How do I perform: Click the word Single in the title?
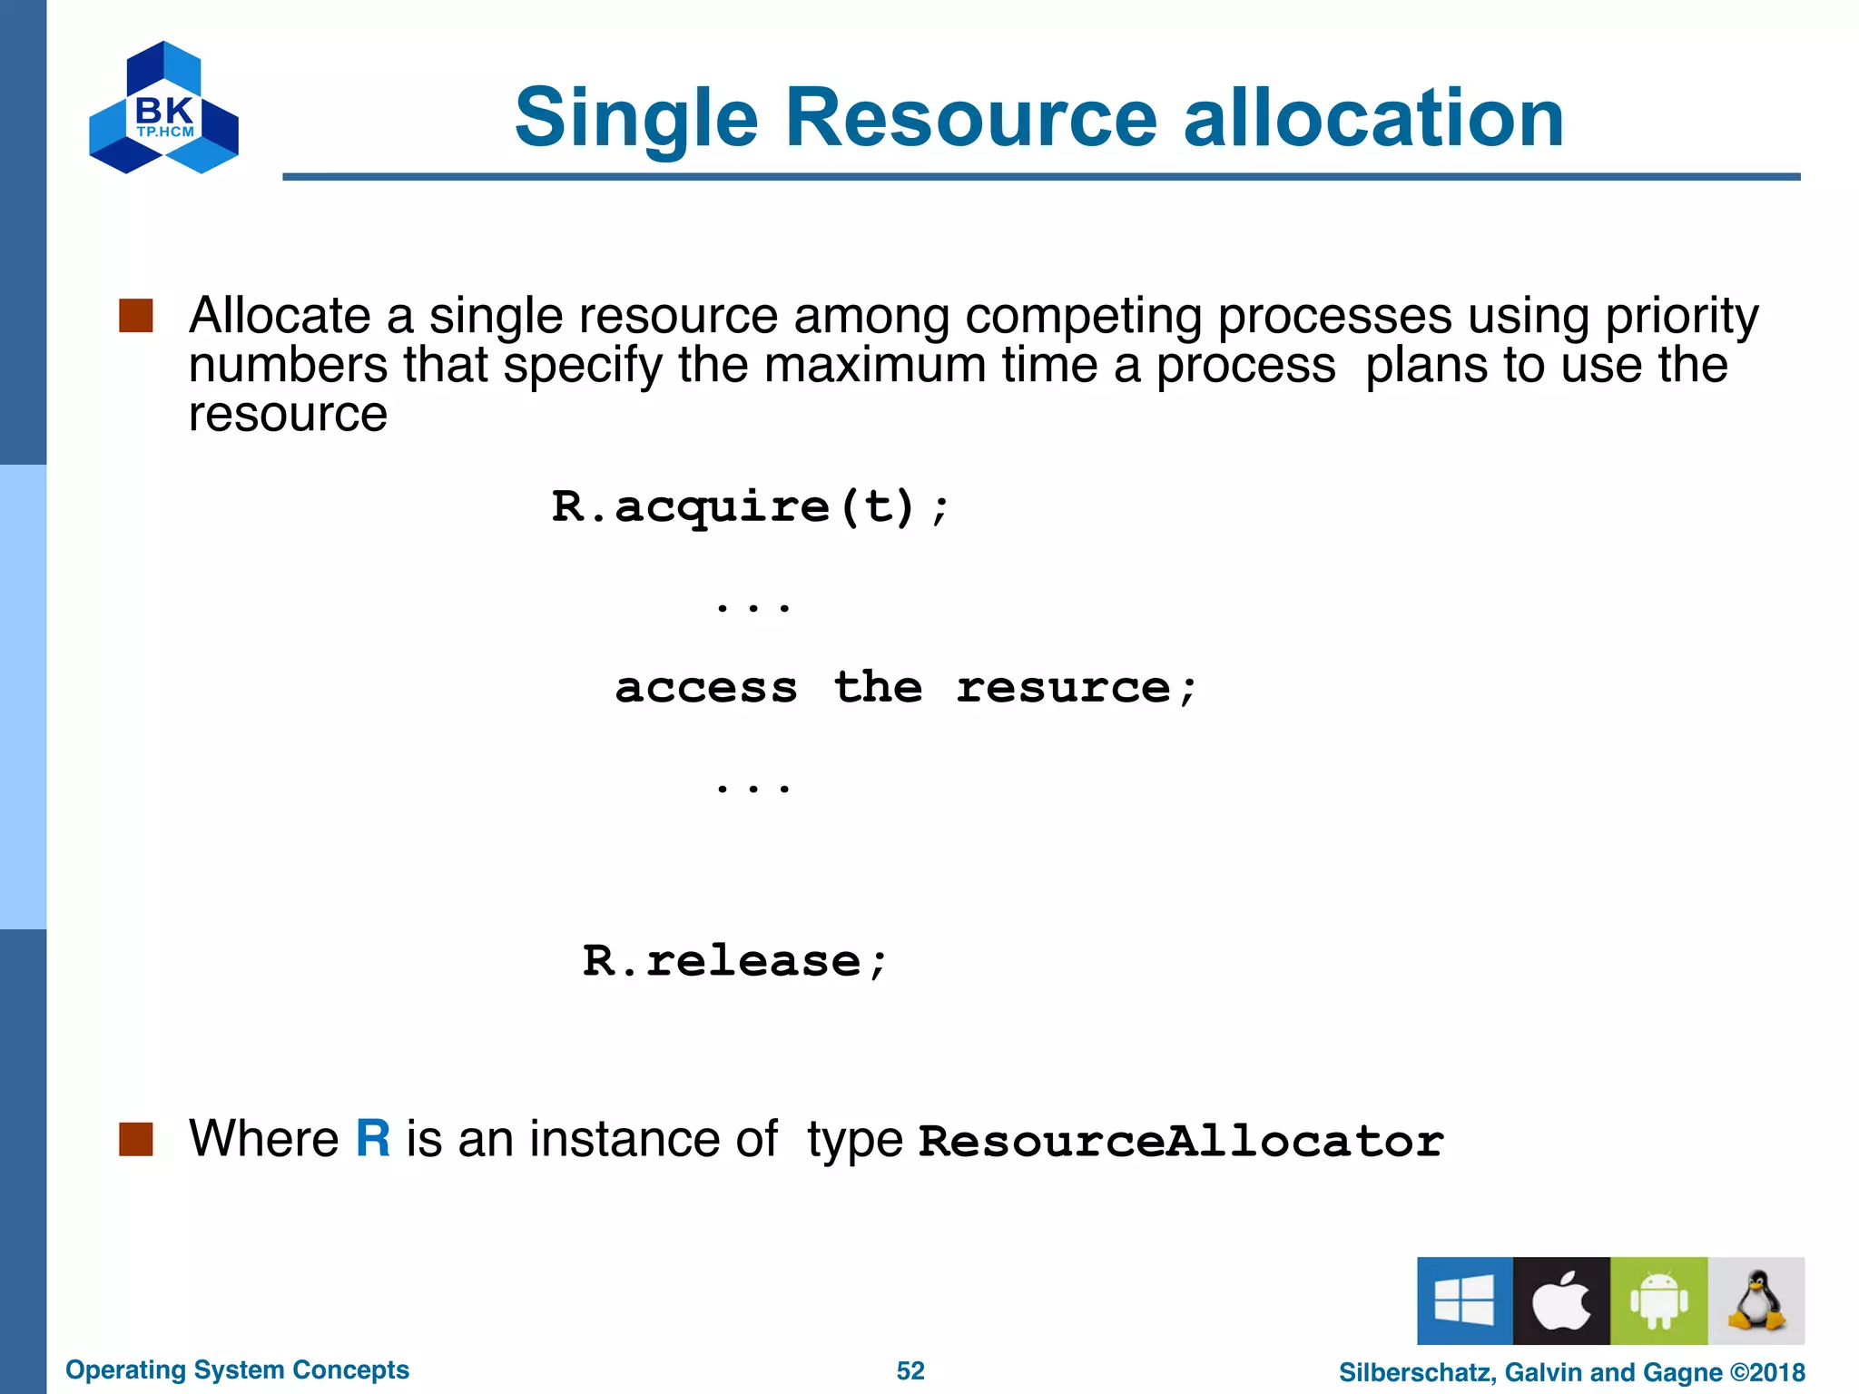pyautogui.click(x=635, y=118)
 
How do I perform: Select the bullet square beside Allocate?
pyautogui.click(x=136, y=317)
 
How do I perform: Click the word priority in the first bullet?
pyautogui.click(x=1681, y=317)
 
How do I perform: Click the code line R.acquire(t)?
pyautogui.click(x=750, y=506)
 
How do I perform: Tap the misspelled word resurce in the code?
pyautogui.click(x=1062, y=688)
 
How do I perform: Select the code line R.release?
pyautogui.click(x=734, y=961)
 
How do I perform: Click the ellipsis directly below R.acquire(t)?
pyautogui.click(x=752, y=605)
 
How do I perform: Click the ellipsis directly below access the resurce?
pyautogui.click(x=752, y=787)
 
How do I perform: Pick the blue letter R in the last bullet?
pyautogui.click(x=373, y=1138)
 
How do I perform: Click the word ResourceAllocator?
pyautogui.click(x=1180, y=1141)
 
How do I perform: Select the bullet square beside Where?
pyautogui.click(x=136, y=1139)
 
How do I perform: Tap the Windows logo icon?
pyautogui.click(x=1464, y=1301)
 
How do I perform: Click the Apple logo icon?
pyautogui.click(x=1561, y=1301)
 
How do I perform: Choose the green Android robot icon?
pyautogui.click(x=1658, y=1301)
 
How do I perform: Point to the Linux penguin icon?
pyautogui.click(x=1756, y=1301)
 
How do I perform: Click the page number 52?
pyautogui.click(x=910, y=1370)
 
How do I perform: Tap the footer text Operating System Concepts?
pyautogui.click(x=237, y=1369)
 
